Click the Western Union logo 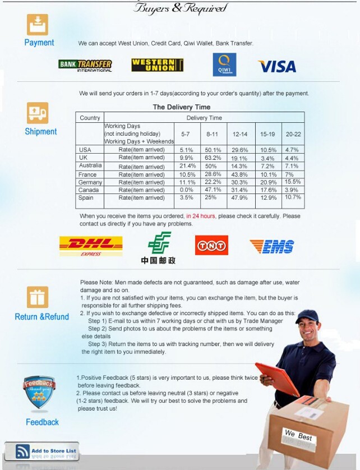click(x=158, y=65)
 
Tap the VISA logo click(x=277, y=66)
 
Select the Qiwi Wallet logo click(x=224, y=64)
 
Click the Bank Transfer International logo click(x=85, y=65)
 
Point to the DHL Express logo click(x=91, y=246)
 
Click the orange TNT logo click(x=211, y=246)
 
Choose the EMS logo click(x=272, y=246)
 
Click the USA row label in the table click(x=85, y=150)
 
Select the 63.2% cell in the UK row click(x=212, y=158)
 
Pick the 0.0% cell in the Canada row click(x=187, y=190)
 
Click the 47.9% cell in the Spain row click(x=240, y=198)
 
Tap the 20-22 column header click(x=293, y=134)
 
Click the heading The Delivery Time click(x=182, y=107)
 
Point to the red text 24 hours click(x=201, y=216)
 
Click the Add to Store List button click(x=42, y=451)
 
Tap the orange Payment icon click(x=38, y=25)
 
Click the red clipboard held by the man click(x=277, y=379)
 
